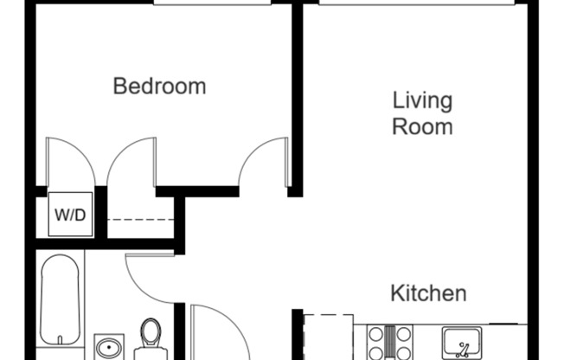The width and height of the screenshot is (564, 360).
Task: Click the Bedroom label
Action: [160, 87]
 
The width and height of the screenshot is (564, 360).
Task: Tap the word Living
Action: [422, 100]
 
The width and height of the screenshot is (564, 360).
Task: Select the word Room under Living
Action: [422, 126]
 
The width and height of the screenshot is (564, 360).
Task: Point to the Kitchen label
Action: [429, 293]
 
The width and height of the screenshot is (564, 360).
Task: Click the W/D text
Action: [70, 215]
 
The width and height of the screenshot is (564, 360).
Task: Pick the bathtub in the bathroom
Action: [62, 299]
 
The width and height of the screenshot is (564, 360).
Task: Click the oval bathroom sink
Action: [108, 349]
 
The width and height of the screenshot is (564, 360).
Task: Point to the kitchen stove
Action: [389, 342]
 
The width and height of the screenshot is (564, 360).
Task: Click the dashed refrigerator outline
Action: [330, 337]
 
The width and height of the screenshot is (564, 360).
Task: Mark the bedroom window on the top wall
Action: [213, 3]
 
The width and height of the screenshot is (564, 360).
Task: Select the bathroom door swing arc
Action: [149, 277]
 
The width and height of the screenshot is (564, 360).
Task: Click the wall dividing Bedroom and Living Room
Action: [296, 95]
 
